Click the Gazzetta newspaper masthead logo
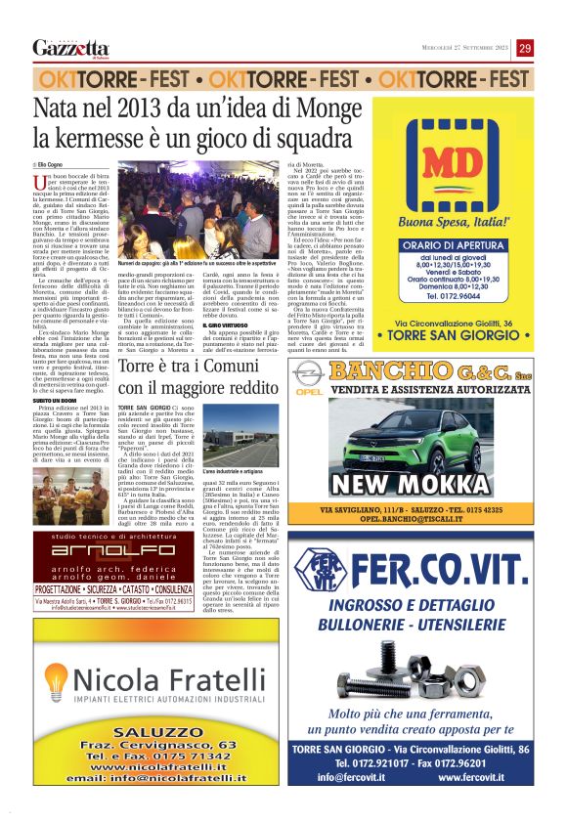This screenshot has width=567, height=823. click(x=70, y=49)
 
